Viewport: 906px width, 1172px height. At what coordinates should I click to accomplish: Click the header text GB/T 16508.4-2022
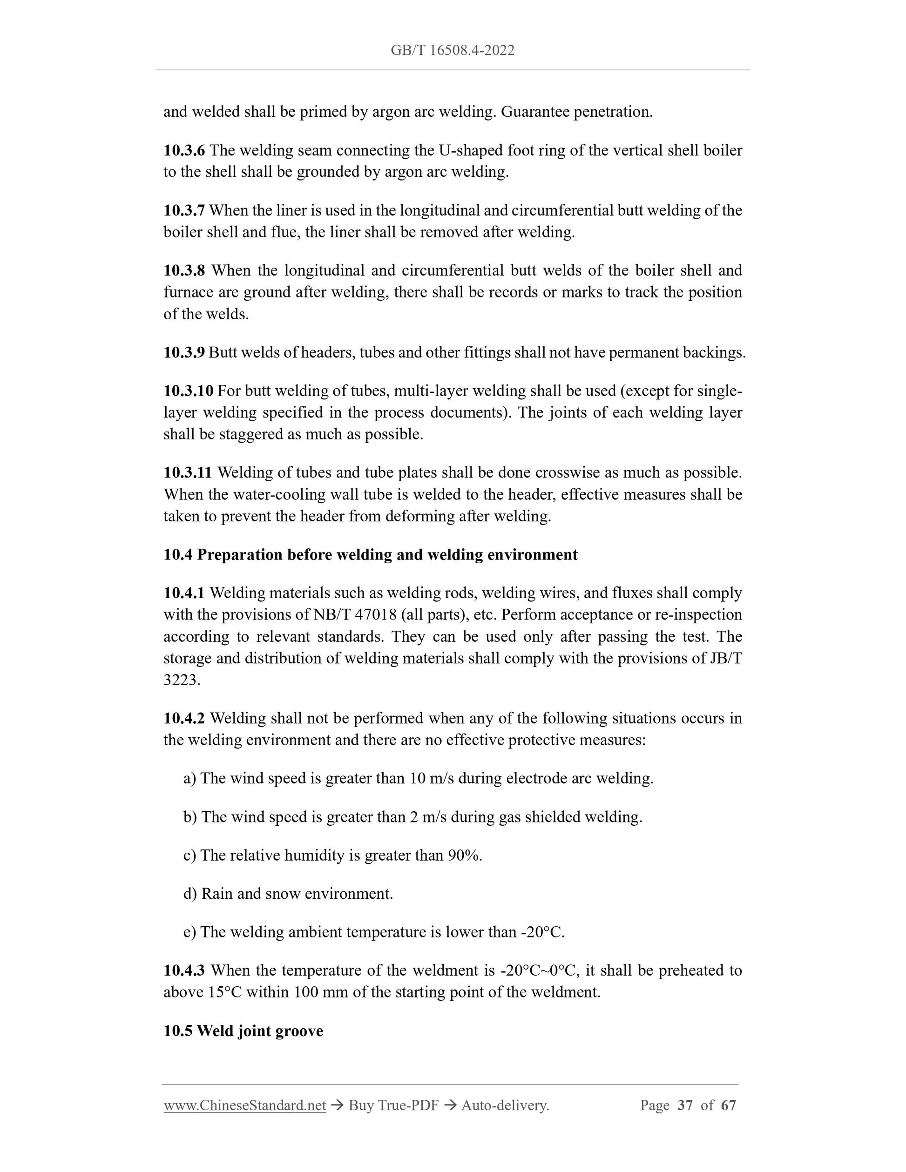click(453, 50)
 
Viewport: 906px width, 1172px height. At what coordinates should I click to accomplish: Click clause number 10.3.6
click(184, 150)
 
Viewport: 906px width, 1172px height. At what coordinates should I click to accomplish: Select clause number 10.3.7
click(184, 210)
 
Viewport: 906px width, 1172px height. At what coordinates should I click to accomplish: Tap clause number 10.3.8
click(184, 270)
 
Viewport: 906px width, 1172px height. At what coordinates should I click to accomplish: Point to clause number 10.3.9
click(184, 352)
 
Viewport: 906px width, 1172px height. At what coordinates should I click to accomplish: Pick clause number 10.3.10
click(189, 391)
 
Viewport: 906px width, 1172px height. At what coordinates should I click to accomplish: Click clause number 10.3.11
click(188, 473)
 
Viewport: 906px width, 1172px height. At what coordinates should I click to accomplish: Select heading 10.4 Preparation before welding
click(370, 555)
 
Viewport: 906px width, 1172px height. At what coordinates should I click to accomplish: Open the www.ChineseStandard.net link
click(245, 1105)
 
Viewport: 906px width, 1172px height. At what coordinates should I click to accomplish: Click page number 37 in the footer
click(685, 1105)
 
